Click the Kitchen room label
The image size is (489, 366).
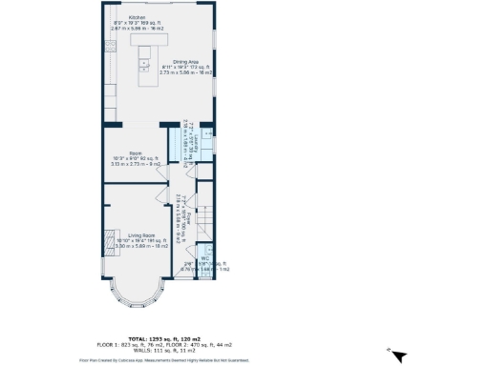click(x=137, y=18)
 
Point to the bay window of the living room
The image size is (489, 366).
click(x=138, y=291)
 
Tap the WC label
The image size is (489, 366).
click(x=205, y=258)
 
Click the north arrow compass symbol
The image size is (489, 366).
click(x=400, y=356)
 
